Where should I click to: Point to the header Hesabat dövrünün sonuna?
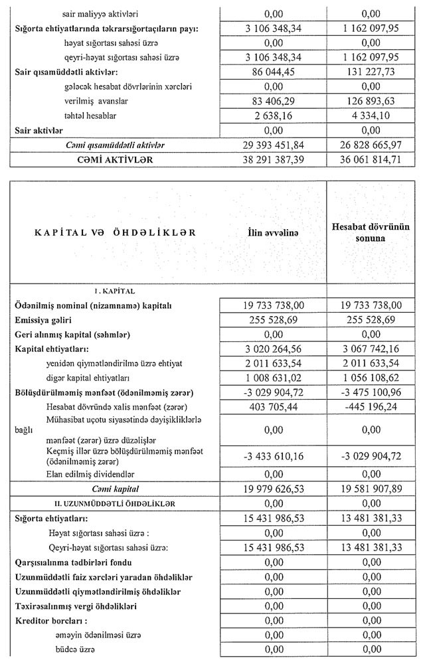373,233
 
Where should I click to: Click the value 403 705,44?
273,406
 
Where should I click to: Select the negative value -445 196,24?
374,406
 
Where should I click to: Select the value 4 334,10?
374,115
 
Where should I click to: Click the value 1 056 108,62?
374,377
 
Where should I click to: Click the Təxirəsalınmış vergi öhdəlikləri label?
76,606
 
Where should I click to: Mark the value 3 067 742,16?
374,348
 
